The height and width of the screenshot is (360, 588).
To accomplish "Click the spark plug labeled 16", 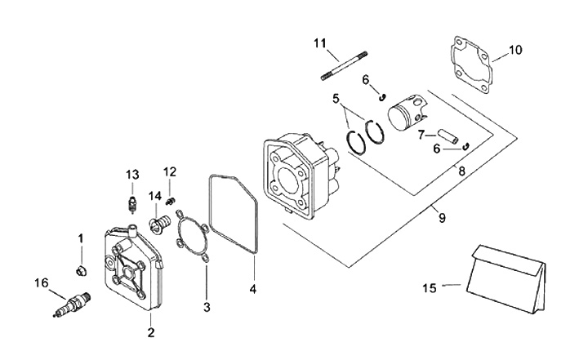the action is click(72, 304).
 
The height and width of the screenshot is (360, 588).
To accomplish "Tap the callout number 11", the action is click(320, 43).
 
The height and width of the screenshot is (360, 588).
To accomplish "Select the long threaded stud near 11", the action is click(344, 65).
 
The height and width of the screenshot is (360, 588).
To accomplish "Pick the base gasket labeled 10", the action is click(470, 64).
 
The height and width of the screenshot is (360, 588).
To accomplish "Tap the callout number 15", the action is click(430, 288).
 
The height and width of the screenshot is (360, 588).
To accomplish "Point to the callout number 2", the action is click(151, 332).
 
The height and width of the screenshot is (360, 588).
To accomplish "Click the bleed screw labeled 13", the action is click(132, 204).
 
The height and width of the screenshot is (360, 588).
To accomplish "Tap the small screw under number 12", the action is click(171, 202).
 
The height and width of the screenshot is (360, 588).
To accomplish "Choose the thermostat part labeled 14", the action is click(158, 224).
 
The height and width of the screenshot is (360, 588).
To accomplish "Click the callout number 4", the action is click(253, 289).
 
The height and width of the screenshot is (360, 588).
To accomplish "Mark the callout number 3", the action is click(207, 307).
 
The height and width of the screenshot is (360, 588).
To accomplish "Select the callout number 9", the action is click(442, 217).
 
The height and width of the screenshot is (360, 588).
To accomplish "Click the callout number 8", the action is click(461, 171).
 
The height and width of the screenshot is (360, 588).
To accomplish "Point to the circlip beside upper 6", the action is click(382, 97).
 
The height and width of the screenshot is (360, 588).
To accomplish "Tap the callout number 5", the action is click(336, 99).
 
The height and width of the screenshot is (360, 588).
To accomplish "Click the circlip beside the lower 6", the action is click(466, 146).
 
